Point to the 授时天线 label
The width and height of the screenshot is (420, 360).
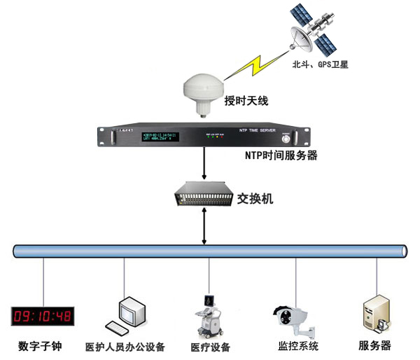pos(246,102)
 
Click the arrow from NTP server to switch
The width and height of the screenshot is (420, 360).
pos(203,166)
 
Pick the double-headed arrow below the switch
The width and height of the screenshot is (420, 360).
pos(203,225)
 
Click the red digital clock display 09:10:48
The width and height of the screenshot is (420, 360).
pos(43,317)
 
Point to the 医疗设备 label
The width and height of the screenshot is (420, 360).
pos(210,347)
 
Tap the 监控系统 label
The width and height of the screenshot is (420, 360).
pos(294,346)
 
